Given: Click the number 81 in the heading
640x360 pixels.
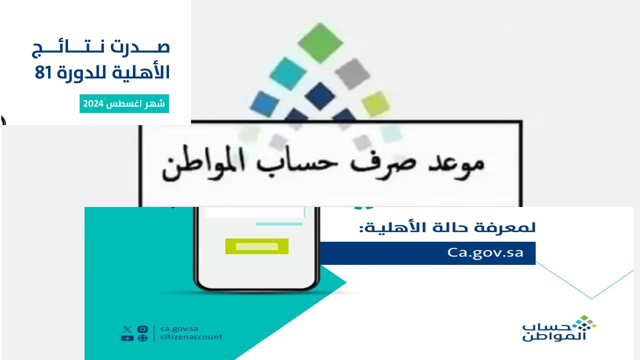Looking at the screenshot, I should pos(43,73).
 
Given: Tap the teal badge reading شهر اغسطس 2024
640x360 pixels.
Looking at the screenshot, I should pos(124,104).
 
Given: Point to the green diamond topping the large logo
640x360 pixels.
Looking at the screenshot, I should pos(320,42).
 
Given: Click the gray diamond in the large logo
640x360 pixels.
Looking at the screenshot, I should pos(352,73).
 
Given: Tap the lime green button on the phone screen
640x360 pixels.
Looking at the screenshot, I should pos(256,246).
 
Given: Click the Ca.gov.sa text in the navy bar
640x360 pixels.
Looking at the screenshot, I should pos(485,252).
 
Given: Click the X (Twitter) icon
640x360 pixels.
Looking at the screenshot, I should pos(127,329).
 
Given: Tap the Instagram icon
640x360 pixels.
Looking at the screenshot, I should pos(142,329).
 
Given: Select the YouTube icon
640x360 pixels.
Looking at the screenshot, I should pos(127,338).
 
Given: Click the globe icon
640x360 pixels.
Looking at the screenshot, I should pos(142,338).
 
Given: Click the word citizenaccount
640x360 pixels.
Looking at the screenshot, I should pos(191,337).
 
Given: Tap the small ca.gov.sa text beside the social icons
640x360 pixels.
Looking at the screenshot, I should pos(179,328).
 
